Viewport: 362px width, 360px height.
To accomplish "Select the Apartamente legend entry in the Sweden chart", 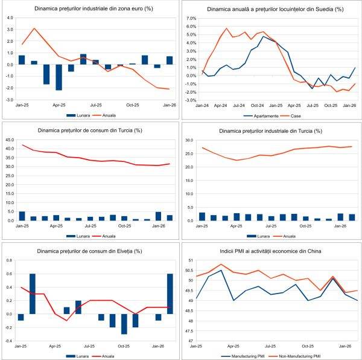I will [x=261, y=115].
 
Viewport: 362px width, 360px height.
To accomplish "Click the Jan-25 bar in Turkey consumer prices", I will [x=22, y=216].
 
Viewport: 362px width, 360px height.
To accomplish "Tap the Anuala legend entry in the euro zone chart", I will [x=110, y=115].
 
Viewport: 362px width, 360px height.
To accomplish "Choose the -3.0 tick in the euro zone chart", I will [x=10, y=99].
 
